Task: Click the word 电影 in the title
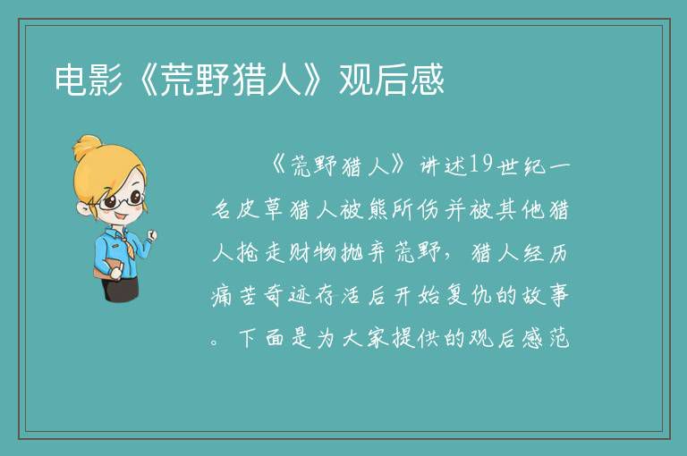point(89,80)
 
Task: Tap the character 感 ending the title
point(427,80)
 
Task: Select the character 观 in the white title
point(356,80)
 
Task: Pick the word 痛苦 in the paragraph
point(235,295)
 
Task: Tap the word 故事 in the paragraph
point(546,295)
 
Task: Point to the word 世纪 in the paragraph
point(522,165)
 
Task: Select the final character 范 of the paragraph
point(558,338)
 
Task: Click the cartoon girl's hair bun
point(88,147)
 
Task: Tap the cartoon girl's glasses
point(122,200)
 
